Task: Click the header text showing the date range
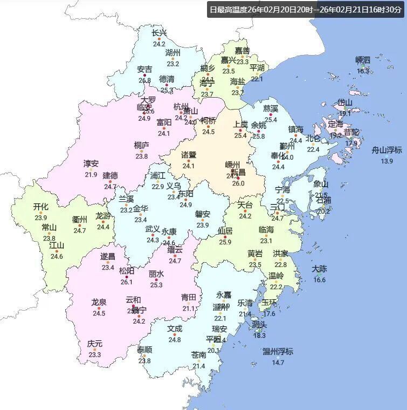click(x=306, y=10)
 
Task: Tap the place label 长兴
click(x=159, y=33)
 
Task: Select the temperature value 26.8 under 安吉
click(x=144, y=80)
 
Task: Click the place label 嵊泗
click(x=363, y=60)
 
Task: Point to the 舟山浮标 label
click(x=387, y=151)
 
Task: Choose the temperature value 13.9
click(x=387, y=161)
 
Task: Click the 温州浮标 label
click(x=278, y=352)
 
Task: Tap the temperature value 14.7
click(x=278, y=363)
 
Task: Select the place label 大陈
click(x=320, y=269)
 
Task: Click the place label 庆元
click(x=95, y=344)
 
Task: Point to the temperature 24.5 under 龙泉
click(x=99, y=313)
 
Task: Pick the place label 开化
click(x=41, y=207)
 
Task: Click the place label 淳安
click(x=91, y=164)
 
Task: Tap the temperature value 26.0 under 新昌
click(x=238, y=183)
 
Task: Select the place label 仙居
click(x=225, y=231)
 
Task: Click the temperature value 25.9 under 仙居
click(x=225, y=242)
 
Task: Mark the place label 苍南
click(x=199, y=355)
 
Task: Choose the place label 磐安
click(x=203, y=214)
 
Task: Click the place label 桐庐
click(x=142, y=145)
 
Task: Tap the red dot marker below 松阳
click(x=127, y=277)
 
